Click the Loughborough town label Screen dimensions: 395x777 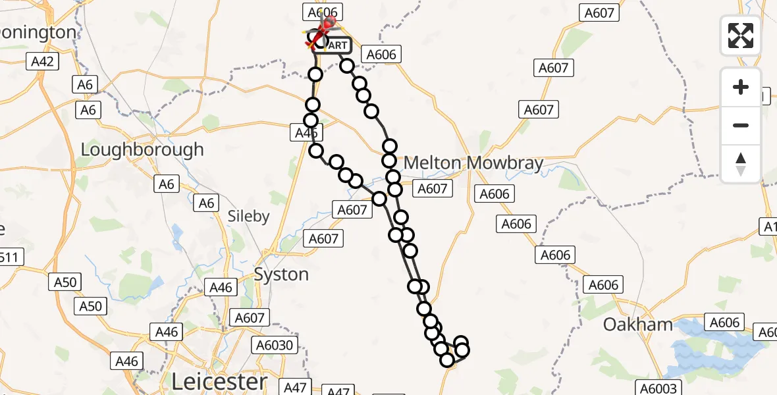tap(142, 150)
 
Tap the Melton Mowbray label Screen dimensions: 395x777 tap(473, 163)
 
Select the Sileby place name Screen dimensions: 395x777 tap(248, 216)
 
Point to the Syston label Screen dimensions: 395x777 tap(281, 274)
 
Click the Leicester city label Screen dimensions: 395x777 tap(219, 381)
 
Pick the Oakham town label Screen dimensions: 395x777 tap(638, 325)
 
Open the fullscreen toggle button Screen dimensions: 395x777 tap(741, 36)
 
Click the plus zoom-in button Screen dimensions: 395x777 tap(741, 87)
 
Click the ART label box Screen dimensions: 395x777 tap(337, 45)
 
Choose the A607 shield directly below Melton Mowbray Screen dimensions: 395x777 tap(432, 189)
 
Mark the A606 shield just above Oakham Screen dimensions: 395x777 tap(603, 284)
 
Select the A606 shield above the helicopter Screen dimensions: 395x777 tap(322, 12)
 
